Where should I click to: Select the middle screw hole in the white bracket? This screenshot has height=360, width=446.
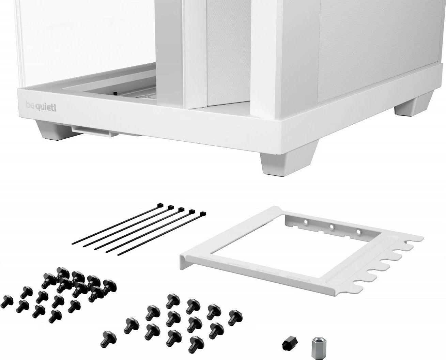[x=331, y=226]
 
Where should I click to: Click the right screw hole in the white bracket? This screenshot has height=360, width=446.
[x=358, y=232]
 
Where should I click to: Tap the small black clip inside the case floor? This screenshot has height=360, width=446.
[x=115, y=92]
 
